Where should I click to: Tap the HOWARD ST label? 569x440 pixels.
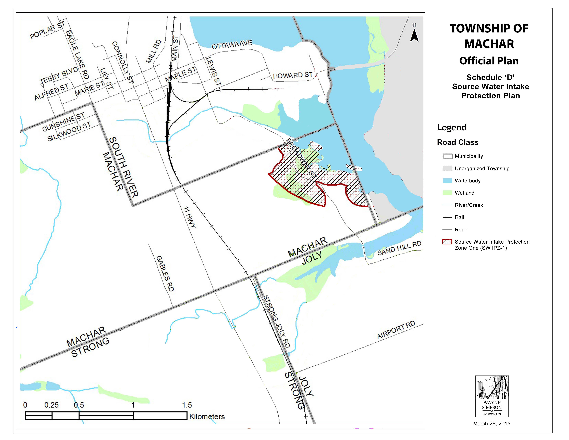coord(293,75)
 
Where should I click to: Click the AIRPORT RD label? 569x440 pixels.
coord(396,330)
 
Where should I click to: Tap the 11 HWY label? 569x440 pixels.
coord(189,217)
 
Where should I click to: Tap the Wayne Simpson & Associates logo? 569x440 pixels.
coord(492,396)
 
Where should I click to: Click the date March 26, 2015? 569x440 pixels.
coord(492,424)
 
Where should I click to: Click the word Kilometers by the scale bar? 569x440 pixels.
coord(207,417)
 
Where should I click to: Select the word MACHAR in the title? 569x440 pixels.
coord(489,44)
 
